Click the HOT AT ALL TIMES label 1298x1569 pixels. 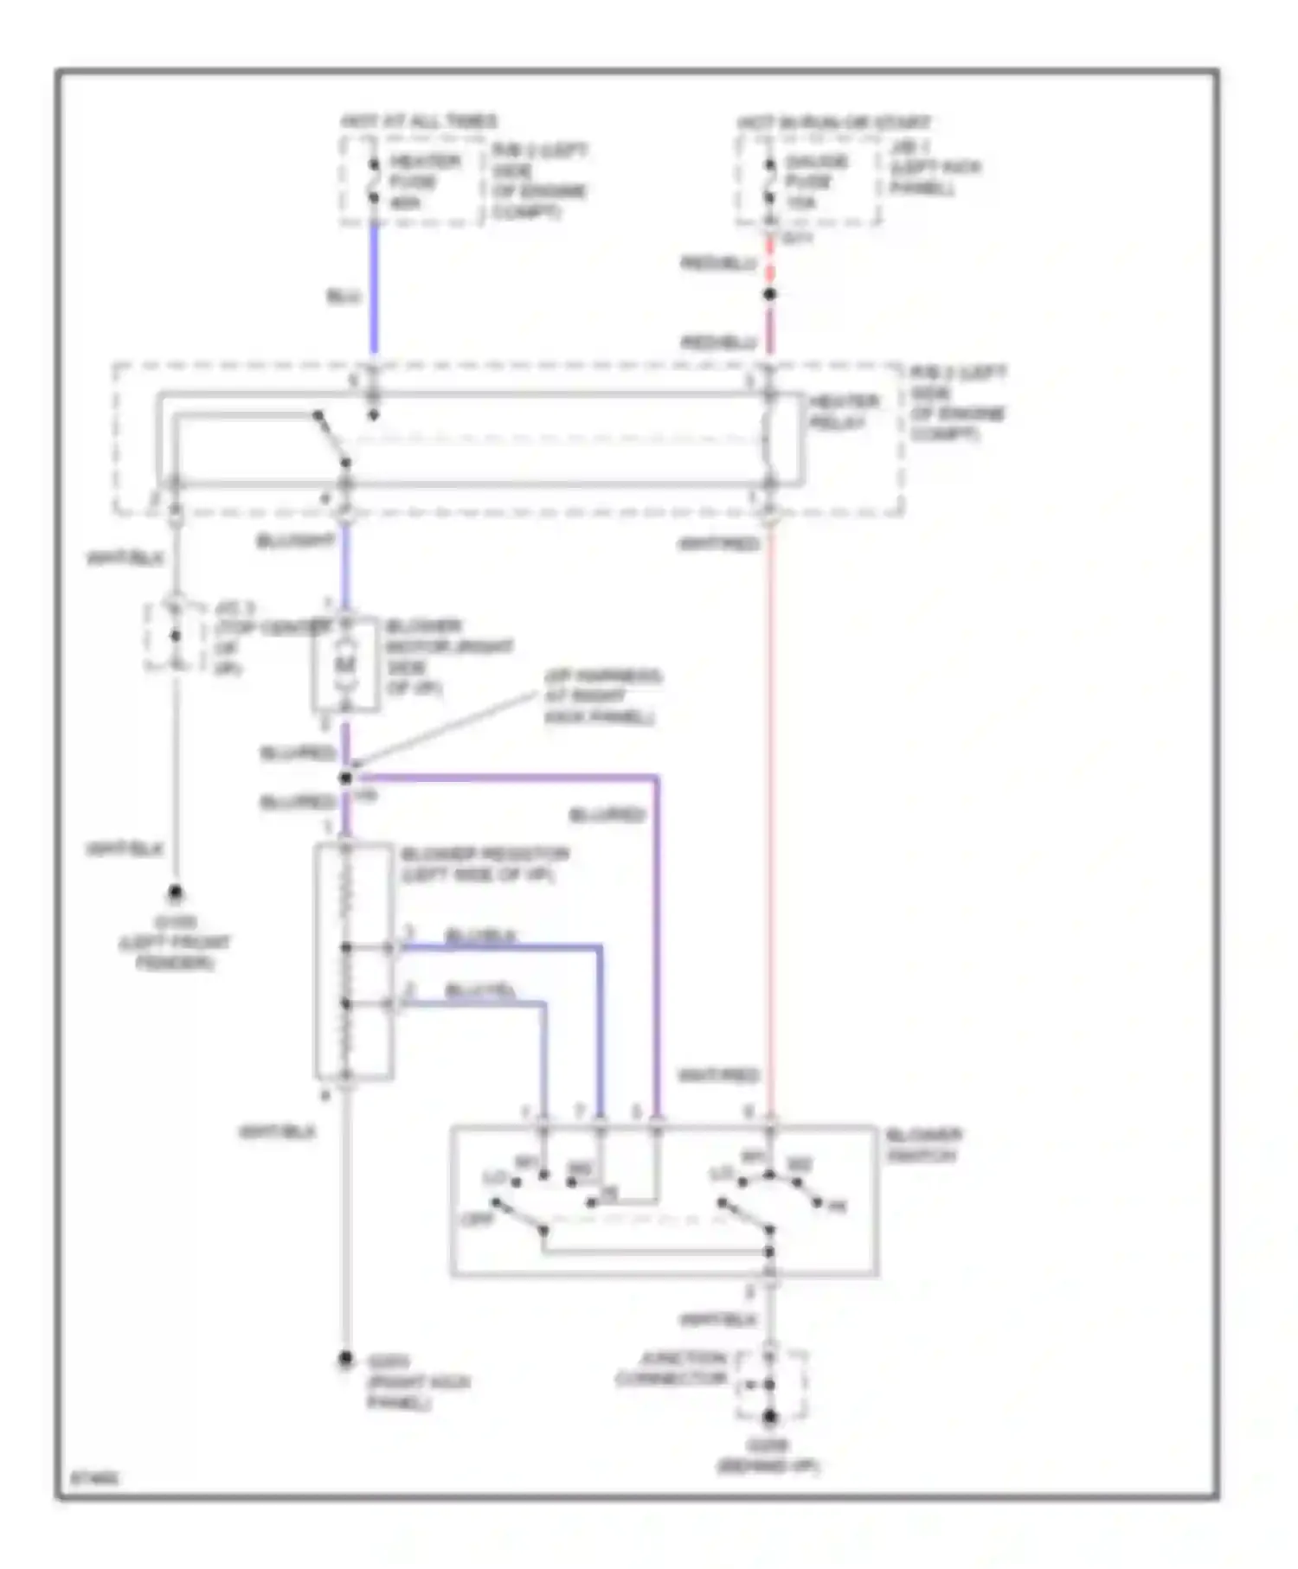point(419,121)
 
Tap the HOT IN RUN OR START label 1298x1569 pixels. point(834,123)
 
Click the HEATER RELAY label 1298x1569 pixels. point(844,412)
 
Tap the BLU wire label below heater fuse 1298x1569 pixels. point(344,297)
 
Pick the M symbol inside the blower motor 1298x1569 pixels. point(345,664)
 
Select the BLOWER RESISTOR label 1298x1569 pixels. point(485,864)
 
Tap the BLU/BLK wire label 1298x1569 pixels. point(480,936)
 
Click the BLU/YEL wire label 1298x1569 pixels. point(480,991)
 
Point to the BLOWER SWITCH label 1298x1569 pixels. point(923,1144)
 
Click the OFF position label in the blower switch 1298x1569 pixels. point(477,1219)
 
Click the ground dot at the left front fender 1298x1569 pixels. point(176,892)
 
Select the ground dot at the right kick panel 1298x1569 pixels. point(345,1360)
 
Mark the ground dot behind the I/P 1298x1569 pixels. point(769,1417)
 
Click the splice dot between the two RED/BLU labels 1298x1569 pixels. point(769,295)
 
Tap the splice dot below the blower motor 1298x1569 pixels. point(345,778)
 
